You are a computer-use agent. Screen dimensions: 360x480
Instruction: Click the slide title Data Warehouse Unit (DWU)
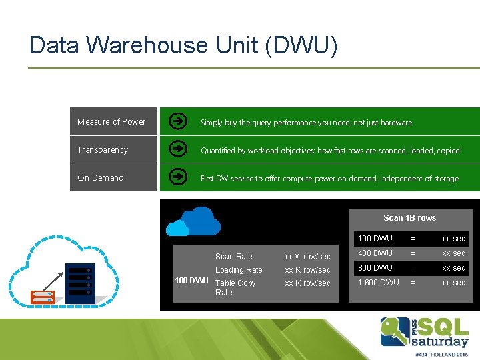click(183, 45)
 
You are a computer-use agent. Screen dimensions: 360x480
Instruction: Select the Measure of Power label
click(111, 122)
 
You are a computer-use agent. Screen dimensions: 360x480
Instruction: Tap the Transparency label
click(103, 150)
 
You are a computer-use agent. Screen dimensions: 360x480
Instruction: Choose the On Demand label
click(101, 178)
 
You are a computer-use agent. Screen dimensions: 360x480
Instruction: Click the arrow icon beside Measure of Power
click(178, 121)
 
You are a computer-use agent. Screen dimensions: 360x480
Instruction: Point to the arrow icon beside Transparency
click(178, 149)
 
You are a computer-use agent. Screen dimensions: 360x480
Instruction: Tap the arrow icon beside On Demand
click(178, 177)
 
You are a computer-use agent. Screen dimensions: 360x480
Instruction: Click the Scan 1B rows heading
click(409, 218)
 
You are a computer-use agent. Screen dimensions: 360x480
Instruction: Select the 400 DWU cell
click(375, 253)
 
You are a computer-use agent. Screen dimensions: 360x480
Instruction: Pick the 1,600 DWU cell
click(378, 283)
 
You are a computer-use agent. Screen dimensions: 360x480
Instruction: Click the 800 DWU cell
click(375, 268)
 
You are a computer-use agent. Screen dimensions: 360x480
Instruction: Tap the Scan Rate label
click(233, 257)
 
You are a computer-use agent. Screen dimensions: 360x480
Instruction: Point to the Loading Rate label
click(239, 270)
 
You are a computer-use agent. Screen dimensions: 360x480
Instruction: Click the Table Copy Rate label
click(235, 287)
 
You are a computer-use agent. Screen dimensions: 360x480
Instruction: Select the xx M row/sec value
click(307, 257)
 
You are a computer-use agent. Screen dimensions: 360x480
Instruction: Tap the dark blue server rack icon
click(79, 280)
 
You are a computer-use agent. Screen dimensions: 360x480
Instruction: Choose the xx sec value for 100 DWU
click(453, 239)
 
